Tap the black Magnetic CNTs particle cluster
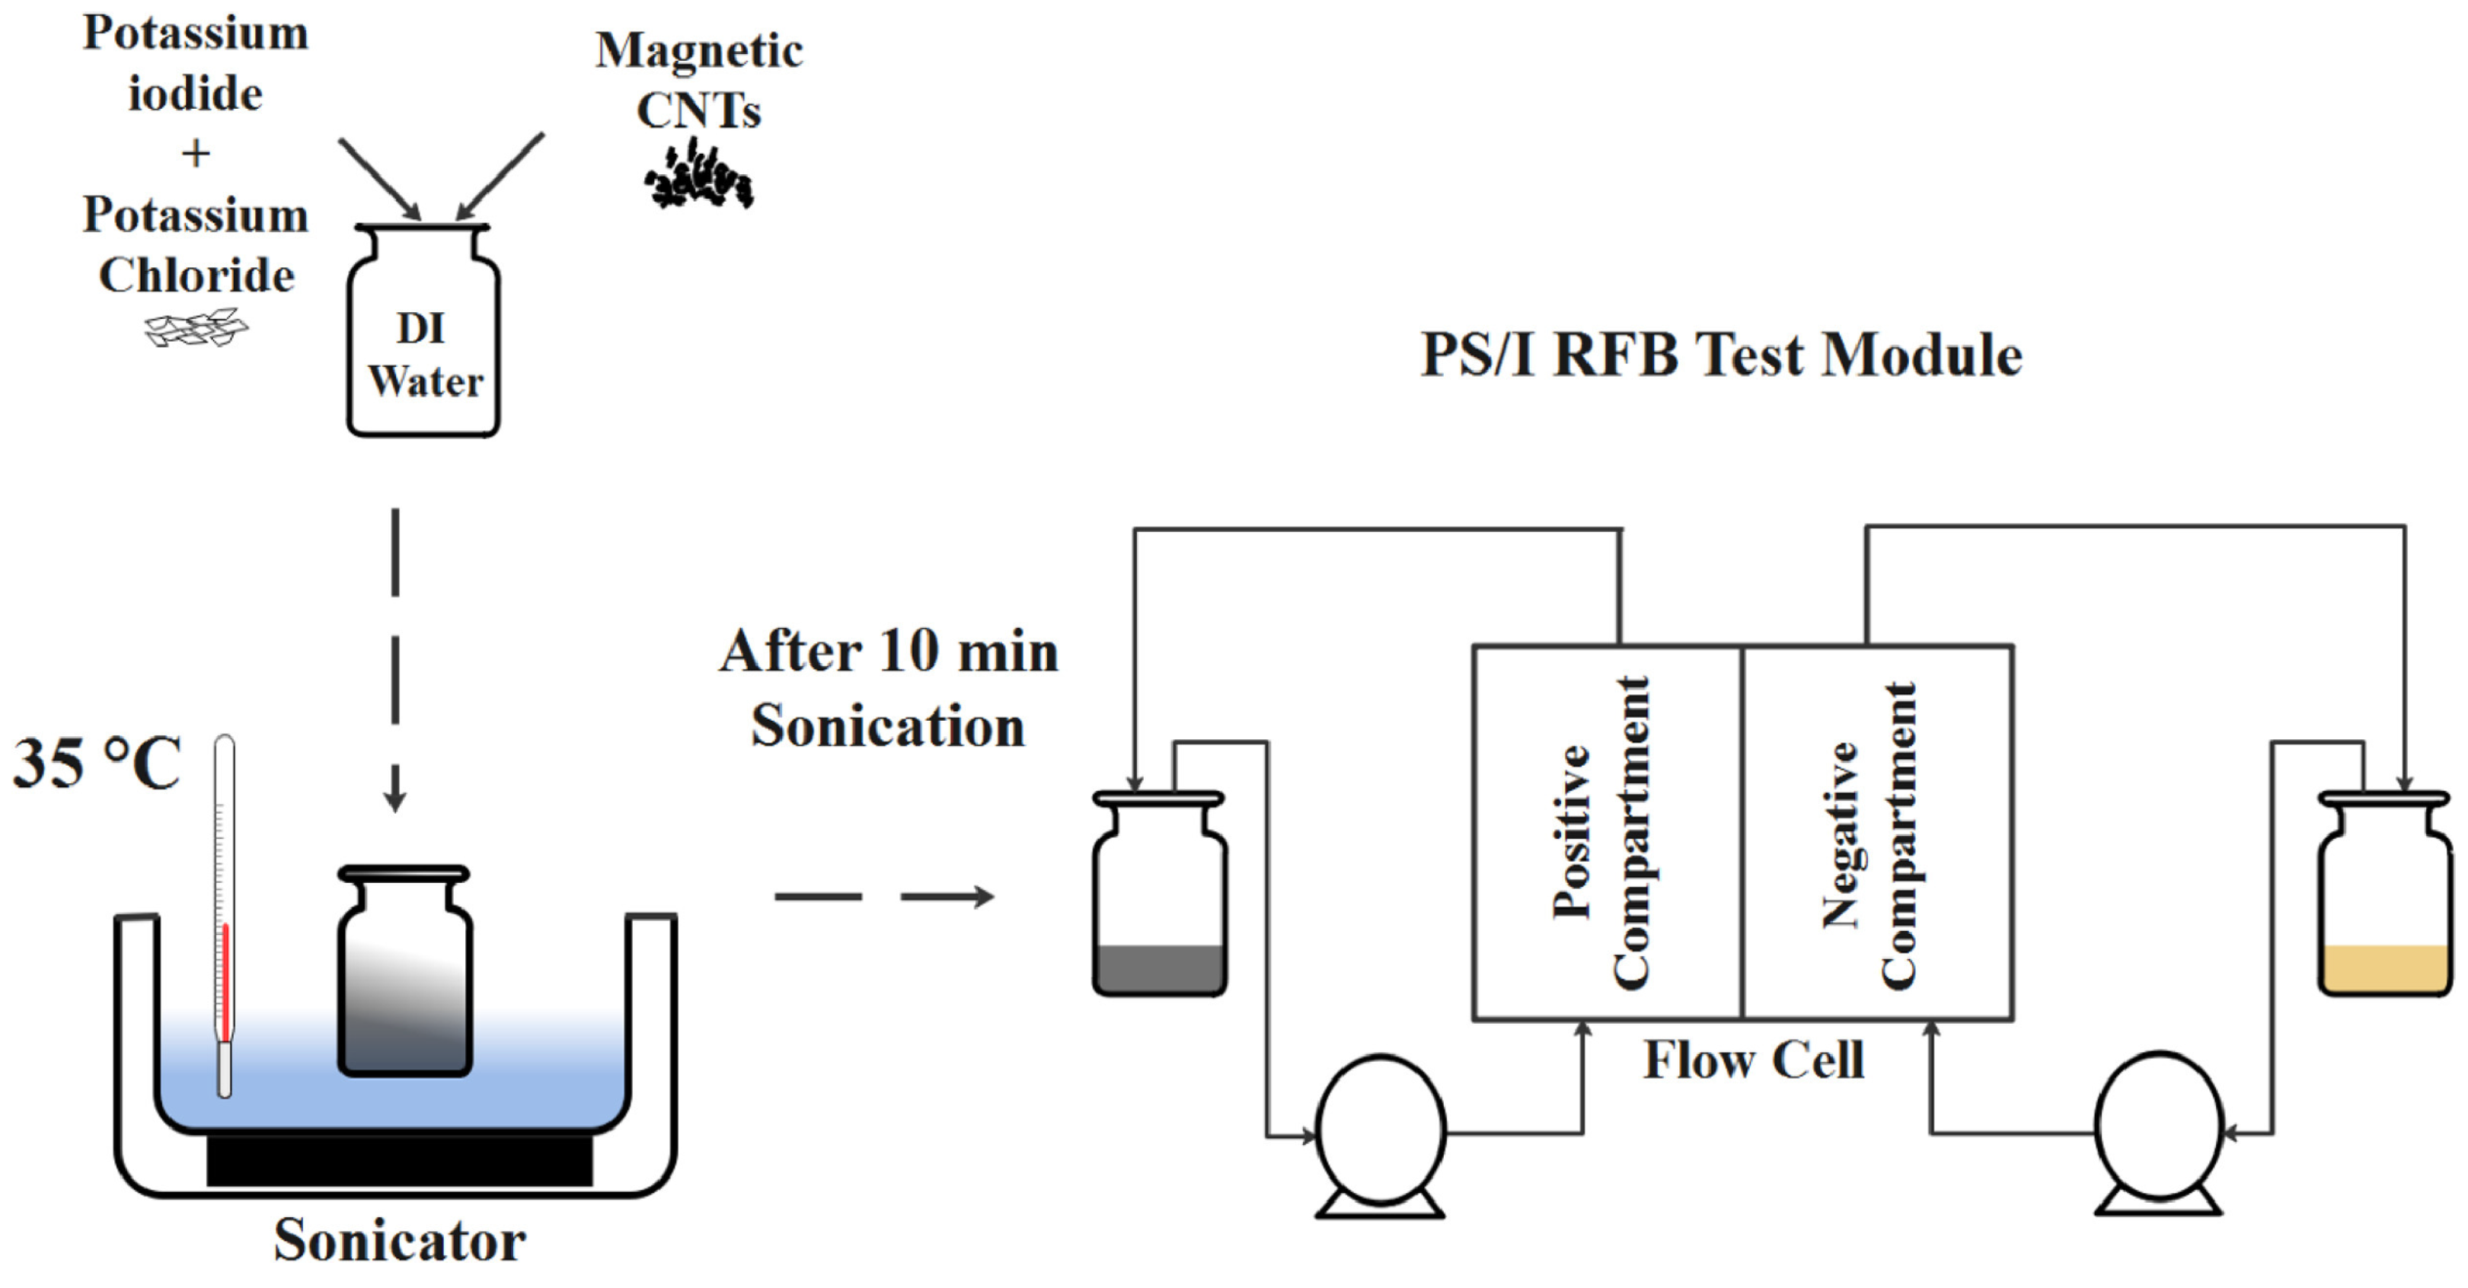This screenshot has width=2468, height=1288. click(698, 175)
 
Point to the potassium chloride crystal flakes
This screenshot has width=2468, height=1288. click(196, 328)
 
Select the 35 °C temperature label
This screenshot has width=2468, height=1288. click(97, 764)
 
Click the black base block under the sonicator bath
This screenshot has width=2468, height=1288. click(400, 1159)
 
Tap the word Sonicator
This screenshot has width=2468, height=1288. click(400, 1240)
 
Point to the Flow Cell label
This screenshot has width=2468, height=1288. click(1753, 1060)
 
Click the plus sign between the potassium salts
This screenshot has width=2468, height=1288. click(196, 153)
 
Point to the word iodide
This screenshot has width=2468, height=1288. click(196, 94)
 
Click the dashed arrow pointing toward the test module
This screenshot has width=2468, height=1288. click(883, 896)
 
